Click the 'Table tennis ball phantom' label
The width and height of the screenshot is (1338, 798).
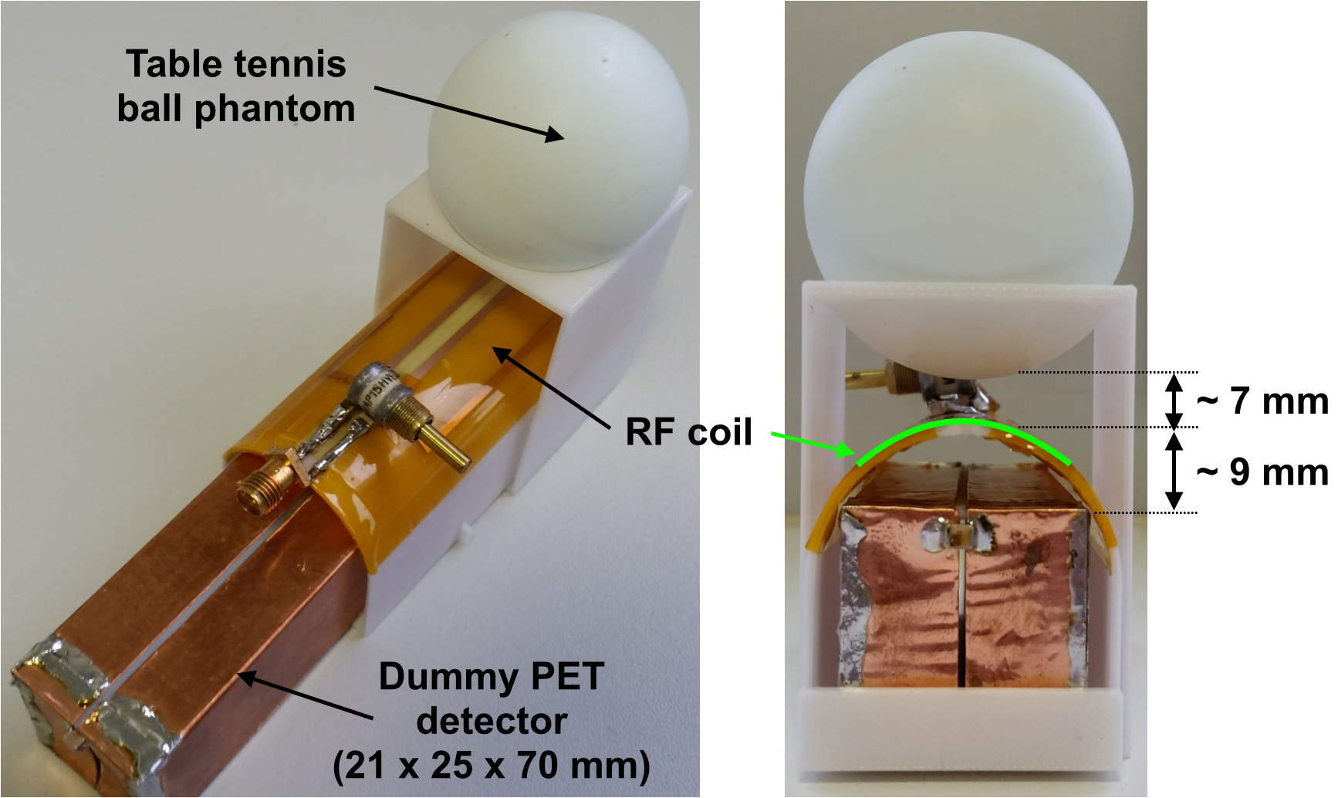[x=236, y=86]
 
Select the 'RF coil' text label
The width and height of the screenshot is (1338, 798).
[x=688, y=432]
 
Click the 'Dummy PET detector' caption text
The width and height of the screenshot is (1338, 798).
[x=492, y=698]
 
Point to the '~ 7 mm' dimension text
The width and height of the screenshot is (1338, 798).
[x=1262, y=401]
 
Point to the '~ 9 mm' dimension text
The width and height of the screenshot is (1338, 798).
[x=1262, y=472]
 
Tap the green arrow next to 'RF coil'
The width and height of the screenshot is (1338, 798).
[x=810, y=445]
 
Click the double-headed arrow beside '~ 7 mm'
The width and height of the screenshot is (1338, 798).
[x=1174, y=401]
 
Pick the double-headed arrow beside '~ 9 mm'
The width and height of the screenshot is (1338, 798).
[x=1174, y=470]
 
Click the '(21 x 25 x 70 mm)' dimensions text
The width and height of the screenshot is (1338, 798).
[x=492, y=765]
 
